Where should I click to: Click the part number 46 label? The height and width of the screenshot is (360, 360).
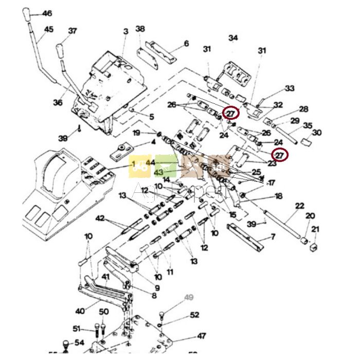click(x=47, y=13)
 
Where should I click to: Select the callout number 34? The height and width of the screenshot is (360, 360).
click(x=233, y=38)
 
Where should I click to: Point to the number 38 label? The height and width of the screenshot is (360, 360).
click(x=140, y=29)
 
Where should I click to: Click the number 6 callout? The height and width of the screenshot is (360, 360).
click(x=186, y=44)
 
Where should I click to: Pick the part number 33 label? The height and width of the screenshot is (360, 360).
click(x=290, y=88)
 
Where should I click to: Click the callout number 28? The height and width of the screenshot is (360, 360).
click(x=303, y=109)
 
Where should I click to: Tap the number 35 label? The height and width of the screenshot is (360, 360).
click(x=308, y=125)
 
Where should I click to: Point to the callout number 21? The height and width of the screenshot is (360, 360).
click(x=315, y=229)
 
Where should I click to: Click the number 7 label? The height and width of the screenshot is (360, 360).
click(x=273, y=236)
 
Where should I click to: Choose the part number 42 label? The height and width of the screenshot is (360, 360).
click(x=99, y=218)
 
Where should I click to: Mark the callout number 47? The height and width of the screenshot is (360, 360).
click(x=201, y=336)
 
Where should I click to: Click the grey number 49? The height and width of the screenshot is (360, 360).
click(x=189, y=297)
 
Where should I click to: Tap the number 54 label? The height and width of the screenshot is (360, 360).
click(x=79, y=343)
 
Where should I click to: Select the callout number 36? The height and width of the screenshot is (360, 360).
click(x=58, y=103)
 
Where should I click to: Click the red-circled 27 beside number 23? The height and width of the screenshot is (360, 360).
click(x=280, y=154)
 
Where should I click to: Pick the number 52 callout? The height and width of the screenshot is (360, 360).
click(x=194, y=315)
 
